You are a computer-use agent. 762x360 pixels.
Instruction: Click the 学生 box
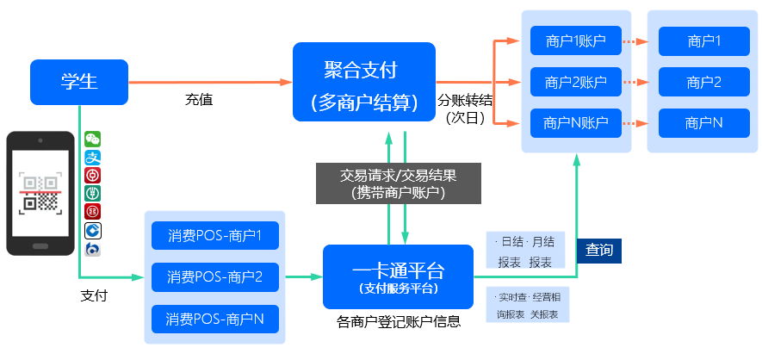(x=79, y=82)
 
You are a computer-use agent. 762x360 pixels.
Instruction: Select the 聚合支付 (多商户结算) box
(x=364, y=82)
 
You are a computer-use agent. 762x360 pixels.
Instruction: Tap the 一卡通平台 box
(x=398, y=276)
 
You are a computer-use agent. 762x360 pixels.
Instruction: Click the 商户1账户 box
(x=576, y=40)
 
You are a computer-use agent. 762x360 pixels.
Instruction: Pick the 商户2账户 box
(x=576, y=82)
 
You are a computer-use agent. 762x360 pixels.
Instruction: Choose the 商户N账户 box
(x=576, y=123)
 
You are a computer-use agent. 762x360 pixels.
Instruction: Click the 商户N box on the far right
(x=704, y=123)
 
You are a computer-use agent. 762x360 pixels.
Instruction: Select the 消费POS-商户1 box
(x=215, y=236)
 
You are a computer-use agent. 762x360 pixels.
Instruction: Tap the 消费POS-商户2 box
(x=215, y=277)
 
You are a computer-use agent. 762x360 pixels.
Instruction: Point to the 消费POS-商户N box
(x=215, y=320)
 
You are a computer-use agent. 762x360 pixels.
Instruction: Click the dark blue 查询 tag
(x=599, y=251)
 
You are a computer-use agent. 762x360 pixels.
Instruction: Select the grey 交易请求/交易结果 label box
(x=399, y=183)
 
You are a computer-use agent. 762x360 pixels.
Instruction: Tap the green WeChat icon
(x=92, y=139)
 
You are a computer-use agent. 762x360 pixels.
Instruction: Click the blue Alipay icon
(x=92, y=158)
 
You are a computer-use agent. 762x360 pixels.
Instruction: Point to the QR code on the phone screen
(x=40, y=193)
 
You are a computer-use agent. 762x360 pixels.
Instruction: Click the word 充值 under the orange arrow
(x=199, y=100)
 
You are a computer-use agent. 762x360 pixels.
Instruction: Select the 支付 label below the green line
(x=94, y=295)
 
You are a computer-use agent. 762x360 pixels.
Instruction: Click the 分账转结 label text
(x=465, y=101)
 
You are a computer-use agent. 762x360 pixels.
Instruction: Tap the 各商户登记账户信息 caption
(x=399, y=321)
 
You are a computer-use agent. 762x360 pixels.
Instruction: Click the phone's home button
(x=40, y=245)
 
